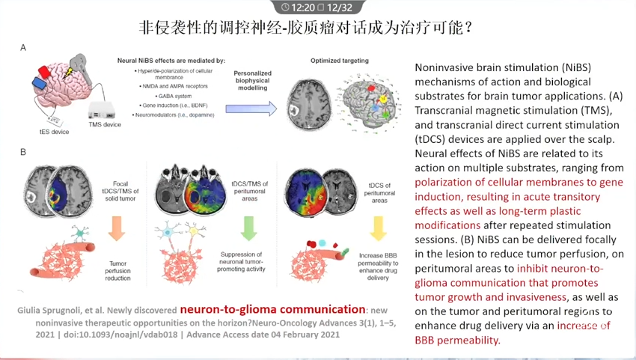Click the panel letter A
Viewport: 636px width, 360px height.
[23, 48]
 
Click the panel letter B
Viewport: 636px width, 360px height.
[23, 152]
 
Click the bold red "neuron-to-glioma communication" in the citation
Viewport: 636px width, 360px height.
[272, 309]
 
